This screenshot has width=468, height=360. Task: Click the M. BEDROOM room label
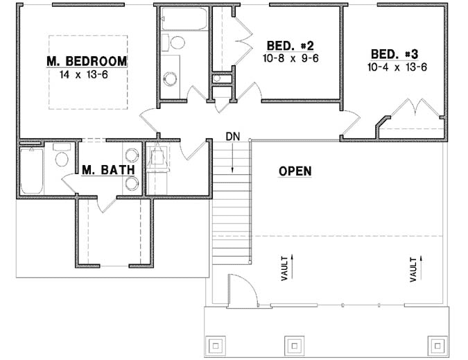(x=87, y=61)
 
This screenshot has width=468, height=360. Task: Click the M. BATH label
(x=103, y=169)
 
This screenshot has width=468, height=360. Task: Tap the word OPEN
(x=295, y=171)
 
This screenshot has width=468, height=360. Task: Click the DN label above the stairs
(x=232, y=137)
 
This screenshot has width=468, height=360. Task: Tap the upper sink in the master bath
(x=132, y=155)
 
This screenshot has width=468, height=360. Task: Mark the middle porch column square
(x=293, y=345)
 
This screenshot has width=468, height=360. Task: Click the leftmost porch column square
(x=216, y=345)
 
